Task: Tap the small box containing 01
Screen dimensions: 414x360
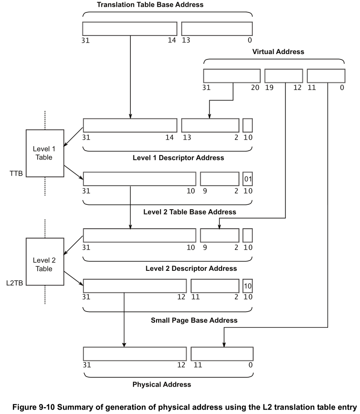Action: (x=248, y=179)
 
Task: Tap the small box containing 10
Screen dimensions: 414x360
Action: (x=248, y=286)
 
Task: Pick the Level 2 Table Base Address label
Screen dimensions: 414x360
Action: (x=190, y=212)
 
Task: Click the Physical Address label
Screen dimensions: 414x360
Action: (x=162, y=384)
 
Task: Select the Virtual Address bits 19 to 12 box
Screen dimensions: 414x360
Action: (x=283, y=76)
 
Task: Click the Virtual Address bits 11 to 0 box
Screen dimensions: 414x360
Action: (x=326, y=76)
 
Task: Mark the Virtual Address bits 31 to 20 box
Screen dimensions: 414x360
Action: (x=232, y=76)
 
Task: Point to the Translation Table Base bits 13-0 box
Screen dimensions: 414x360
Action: (x=217, y=28)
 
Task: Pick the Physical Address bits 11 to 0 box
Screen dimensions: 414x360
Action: (x=222, y=354)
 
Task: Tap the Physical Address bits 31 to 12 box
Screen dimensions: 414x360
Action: (x=134, y=354)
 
